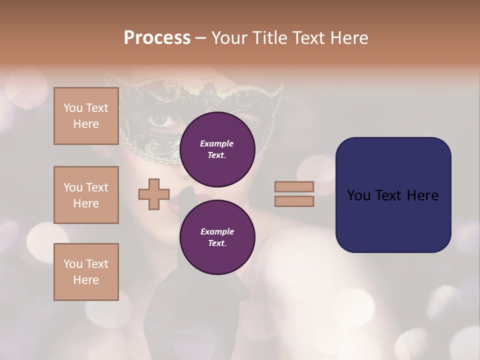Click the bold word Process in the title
pyautogui.click(x=157, y=37)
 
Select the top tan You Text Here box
pyautogui.click(x=86, y=116)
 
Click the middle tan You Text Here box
pyautogui.click(x=86, y=195)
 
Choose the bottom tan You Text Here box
pyautogui.click(x=86, y=271)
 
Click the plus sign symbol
pyautogui.click(x=154, y=194)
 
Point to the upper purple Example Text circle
pyautogui.click(x=217, y=149)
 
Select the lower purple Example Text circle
pyautogui.click(x=217, y=237)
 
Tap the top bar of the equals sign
pyautogui.click(x=294, y=186)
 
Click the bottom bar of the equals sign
pyautogui.click(x=294, y=201)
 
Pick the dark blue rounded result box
pyautogui.click(x=393, y=195)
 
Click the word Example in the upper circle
pyautogui.click(x=216, y=143)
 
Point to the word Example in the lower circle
pyautogui.click(x=217, y=231)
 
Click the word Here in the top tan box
pyautogui.click(x=86, y=124)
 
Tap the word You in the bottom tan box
pyautogui.click(x=73, y=263)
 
